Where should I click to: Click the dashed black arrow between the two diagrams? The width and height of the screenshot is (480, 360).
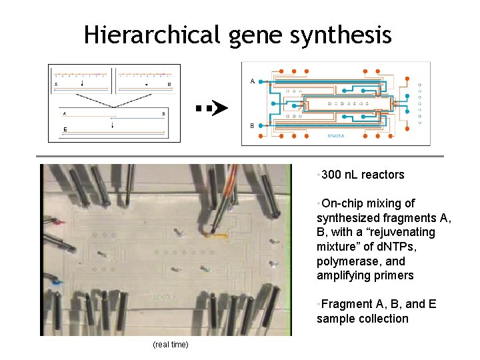point(211,107)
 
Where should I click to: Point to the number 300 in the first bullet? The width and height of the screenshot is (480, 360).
point(331,175)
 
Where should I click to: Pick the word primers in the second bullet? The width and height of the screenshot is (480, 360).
point(393,275)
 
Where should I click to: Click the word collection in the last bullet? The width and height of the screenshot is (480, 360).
point(381,319)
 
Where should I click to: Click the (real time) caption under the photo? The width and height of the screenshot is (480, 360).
point(171,344)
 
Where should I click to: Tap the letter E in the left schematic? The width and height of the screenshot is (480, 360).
point(65,129)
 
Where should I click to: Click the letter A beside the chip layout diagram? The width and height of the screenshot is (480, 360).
point(252,81)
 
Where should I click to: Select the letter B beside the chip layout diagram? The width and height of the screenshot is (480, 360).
point(252,125)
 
